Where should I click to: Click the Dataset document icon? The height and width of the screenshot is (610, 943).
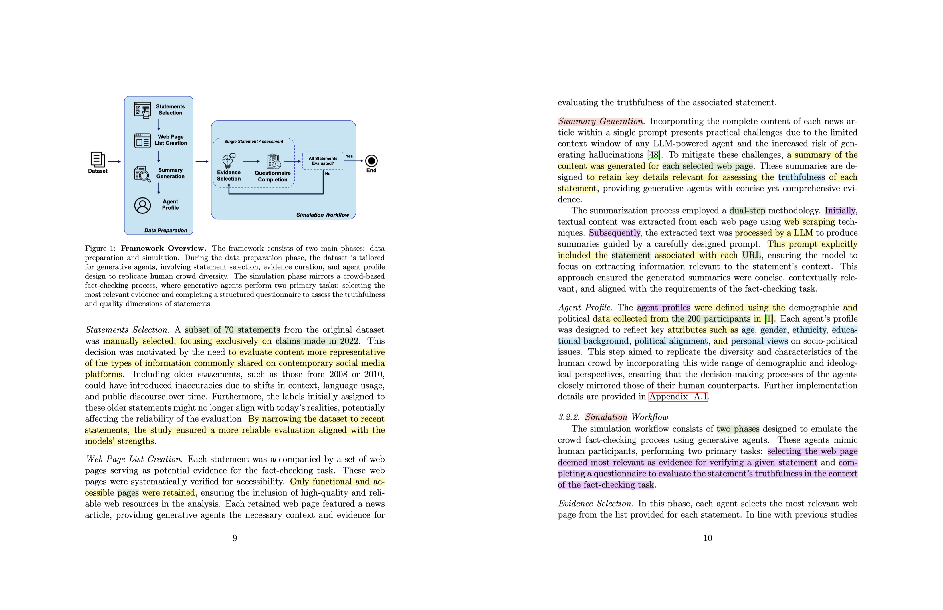click(98, 159)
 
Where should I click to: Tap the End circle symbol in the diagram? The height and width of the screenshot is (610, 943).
click(371, 161)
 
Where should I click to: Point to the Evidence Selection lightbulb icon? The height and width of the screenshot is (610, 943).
click(229, 161)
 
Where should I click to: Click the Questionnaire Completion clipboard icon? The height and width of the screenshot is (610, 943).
click(273, 161)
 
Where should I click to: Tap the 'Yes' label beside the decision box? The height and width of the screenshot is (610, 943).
click(349, 156)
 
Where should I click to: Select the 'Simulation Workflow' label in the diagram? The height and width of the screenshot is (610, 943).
click(322, 215)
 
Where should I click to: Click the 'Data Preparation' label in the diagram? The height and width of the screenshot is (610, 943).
click(166, 230)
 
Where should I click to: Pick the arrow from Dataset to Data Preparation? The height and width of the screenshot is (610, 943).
click(114, 161)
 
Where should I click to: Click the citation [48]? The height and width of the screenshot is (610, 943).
click(653, 155)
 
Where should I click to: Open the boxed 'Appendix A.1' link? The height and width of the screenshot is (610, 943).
click(678, 397)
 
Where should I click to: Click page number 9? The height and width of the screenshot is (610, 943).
click(235, 538)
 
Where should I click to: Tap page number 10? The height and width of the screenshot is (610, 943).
click(707, 538)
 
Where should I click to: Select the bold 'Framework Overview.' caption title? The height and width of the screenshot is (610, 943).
click(163, 248)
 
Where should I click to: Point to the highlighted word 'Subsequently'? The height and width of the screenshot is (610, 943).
click(614, 233)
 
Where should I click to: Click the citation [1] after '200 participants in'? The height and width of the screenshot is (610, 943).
click(768, 319)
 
